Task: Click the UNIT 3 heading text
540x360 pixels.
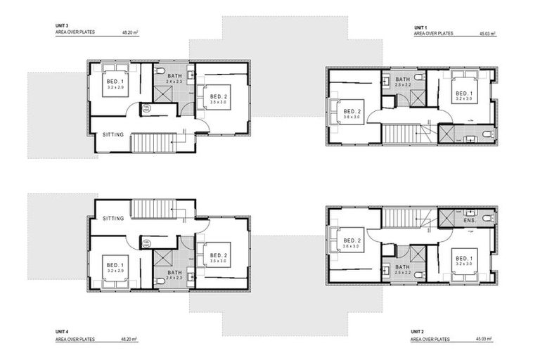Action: [x=62, y=25]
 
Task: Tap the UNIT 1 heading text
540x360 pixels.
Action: [x=420, y=25]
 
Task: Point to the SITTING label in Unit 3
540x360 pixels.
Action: [x=113, y=134]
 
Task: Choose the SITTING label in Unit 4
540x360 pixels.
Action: [x=113, y=218]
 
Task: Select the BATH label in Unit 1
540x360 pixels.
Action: [x=402, y=79]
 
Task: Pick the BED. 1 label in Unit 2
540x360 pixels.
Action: [x=463, y=258]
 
